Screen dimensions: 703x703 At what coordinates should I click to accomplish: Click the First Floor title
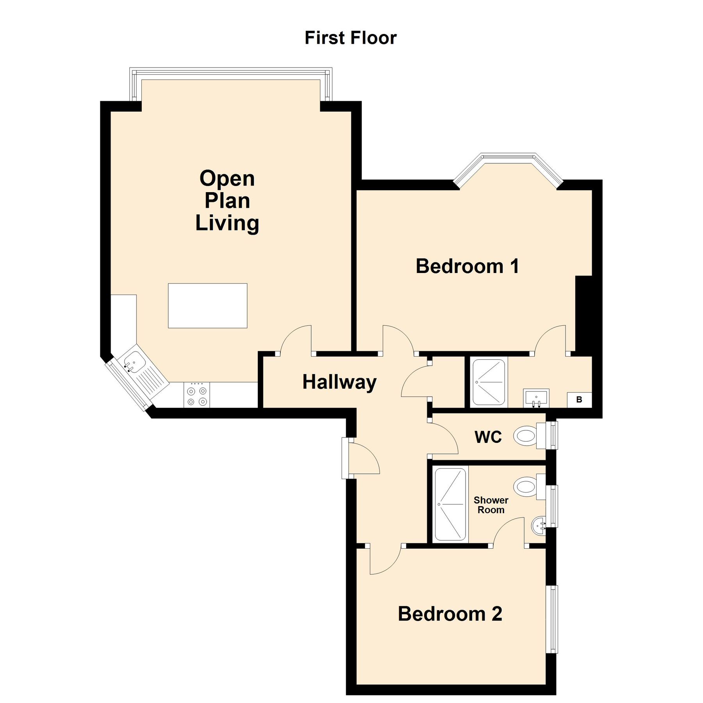tap(350, 38)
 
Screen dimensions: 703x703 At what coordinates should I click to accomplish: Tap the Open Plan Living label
tap(227, 201)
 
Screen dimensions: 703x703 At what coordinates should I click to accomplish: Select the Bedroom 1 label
tap(467, 266)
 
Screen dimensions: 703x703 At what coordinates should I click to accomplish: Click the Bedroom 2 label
tap(450, 614)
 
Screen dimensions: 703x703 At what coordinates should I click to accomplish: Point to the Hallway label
tap(339, 382)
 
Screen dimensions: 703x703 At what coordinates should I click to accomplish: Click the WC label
tap(488, 437)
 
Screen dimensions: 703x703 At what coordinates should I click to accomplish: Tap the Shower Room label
tap(491, 505)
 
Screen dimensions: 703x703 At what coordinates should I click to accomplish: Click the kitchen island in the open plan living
tap(207, 305)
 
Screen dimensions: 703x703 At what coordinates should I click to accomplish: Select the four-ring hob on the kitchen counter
tap(197, 395)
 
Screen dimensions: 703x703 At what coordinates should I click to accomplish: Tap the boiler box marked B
tap(579, 400)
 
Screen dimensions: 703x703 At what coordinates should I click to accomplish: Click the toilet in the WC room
tap(525, 436)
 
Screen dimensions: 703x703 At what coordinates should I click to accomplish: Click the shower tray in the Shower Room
tap(451, 504)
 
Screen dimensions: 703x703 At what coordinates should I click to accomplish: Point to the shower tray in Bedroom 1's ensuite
tap(489, 382)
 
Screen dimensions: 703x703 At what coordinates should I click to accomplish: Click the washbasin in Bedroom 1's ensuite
tap(536, 398)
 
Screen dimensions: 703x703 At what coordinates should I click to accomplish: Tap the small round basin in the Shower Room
tap(539, 525)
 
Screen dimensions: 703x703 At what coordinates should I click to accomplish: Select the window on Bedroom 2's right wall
tap(552, 619)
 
